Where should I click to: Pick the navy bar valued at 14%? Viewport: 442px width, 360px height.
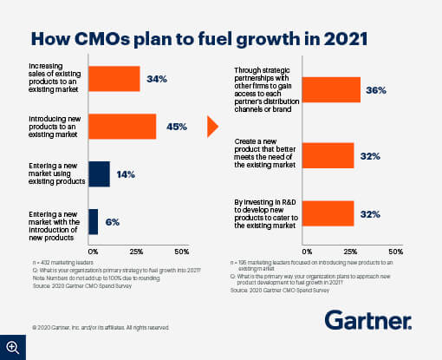[100, 174]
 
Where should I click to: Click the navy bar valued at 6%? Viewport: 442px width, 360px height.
[94, 221]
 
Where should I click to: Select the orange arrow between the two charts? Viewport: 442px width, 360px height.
[212, 128]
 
